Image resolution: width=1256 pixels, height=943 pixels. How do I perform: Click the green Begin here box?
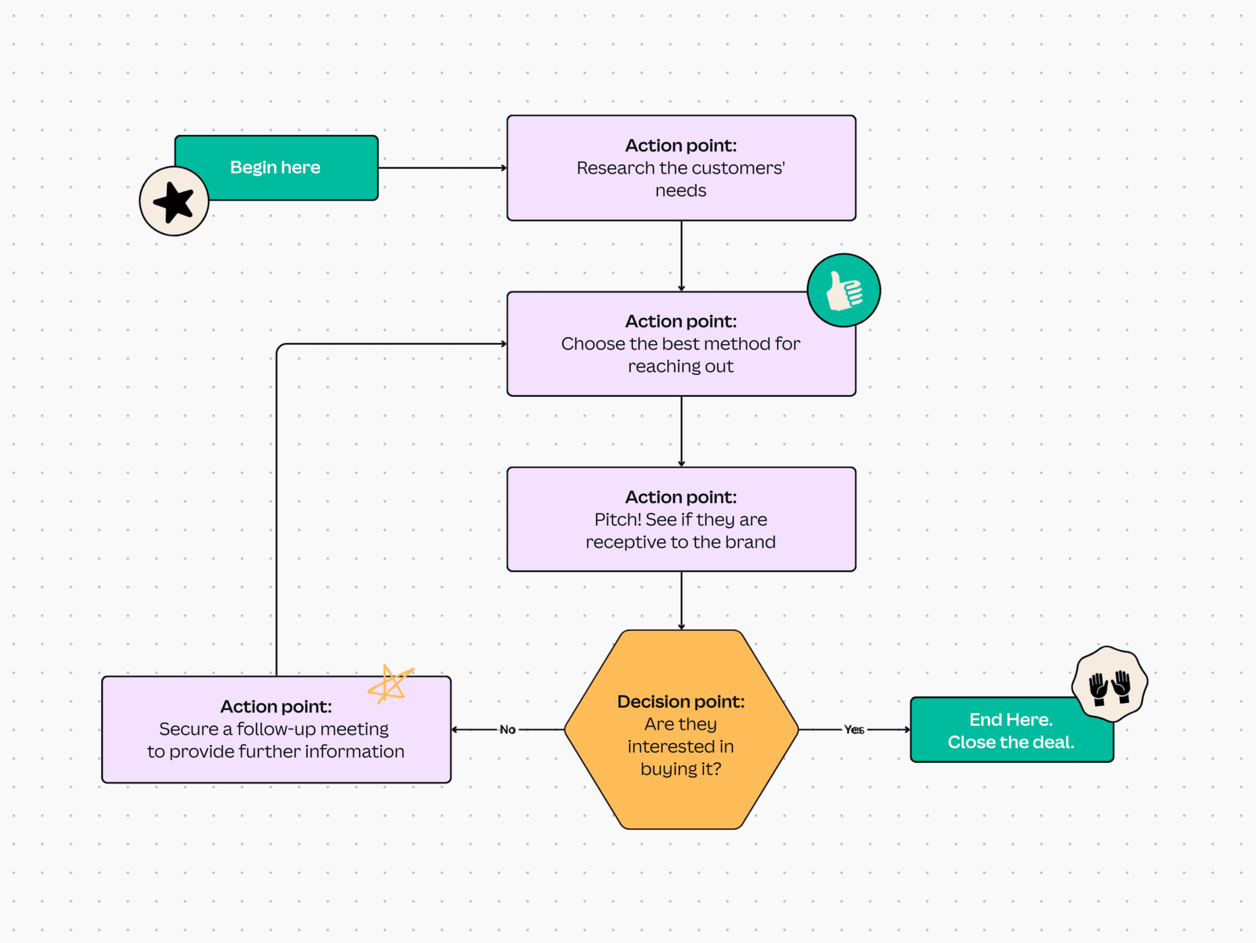288,167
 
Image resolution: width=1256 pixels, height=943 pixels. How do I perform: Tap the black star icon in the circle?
174,201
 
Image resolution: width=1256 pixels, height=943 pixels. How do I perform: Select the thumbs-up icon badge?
843,290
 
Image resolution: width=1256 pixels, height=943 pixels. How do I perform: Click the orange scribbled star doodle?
390,684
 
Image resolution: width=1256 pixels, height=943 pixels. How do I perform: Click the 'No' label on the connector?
507,729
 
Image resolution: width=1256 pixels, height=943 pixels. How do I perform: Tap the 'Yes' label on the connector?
854,729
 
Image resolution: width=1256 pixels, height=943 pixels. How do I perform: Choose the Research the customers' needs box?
681,167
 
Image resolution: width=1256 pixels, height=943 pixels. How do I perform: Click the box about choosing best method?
681,344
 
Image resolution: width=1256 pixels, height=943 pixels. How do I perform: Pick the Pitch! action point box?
681,519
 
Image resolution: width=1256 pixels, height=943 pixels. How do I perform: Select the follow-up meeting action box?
276,729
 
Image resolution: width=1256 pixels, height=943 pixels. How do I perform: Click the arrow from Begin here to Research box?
442,167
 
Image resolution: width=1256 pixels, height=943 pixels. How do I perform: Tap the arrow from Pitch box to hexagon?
681,599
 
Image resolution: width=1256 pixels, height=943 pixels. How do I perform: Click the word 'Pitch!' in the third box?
618,520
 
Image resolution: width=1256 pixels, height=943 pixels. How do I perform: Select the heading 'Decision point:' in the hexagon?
681,701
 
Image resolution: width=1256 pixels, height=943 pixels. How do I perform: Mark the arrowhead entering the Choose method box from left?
504,344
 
